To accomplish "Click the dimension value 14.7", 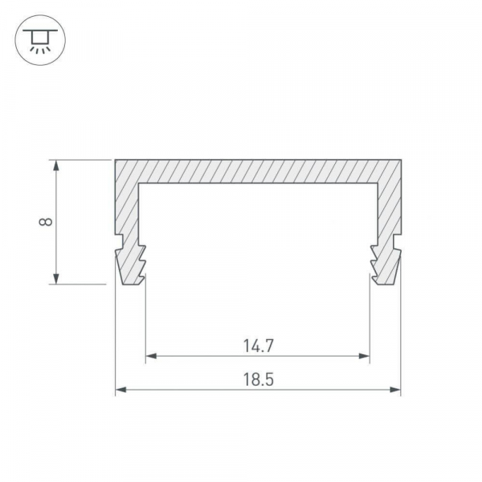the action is click(x=258, y=345).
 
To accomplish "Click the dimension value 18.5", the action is click(x=258, y=379).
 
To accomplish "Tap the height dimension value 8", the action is click(x=46, y=222).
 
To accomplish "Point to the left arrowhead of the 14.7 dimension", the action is click(x=151, y=356).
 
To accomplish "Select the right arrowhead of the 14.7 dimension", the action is click(x=364, y=356).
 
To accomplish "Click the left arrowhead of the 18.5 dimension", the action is click(x=120, y=390).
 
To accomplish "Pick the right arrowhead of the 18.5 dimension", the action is click(x=395, y=390).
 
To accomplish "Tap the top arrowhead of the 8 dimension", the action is click(x=56, y=165).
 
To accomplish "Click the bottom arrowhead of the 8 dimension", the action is click(x=56, y=279).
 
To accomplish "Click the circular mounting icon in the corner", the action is click(x=40, y=40).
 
